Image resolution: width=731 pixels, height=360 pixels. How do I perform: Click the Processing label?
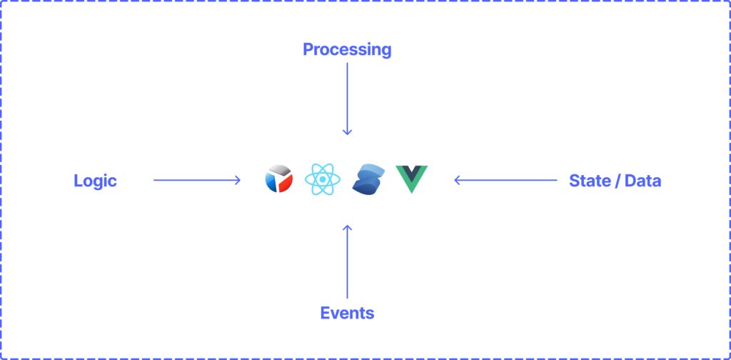click(347, 49)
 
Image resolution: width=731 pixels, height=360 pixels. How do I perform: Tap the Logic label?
click(95, 181)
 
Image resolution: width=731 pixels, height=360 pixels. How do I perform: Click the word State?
click(588, 181)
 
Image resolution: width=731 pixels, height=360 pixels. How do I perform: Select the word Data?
click(642, 181)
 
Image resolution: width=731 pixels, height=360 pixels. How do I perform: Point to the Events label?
click(347, 313)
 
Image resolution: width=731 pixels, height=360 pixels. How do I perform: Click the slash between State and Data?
click(615, 181)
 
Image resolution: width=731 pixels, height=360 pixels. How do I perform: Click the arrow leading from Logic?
click(196, 180)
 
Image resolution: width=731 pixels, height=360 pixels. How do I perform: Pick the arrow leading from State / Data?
click(505, 180)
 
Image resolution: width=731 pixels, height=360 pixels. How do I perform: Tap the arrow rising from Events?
click(347, 261)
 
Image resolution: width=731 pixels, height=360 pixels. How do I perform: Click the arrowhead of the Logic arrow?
click(238, 180)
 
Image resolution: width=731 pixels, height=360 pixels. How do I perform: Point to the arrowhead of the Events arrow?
click(347, 227)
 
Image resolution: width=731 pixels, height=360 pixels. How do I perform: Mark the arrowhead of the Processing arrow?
click(347, 132)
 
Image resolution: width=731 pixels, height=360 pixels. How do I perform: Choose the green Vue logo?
click(411, 178)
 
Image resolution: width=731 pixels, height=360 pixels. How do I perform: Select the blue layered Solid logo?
click(369, 179)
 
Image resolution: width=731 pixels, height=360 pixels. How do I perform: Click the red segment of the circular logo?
click(286, 183)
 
